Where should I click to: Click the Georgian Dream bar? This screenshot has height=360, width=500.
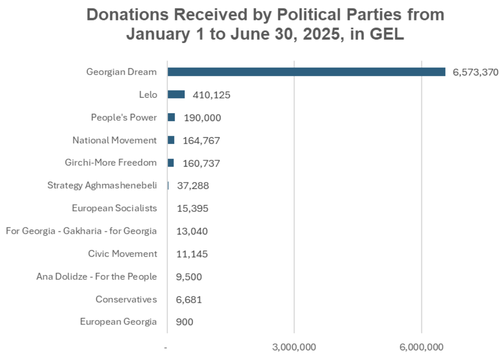[306, 72]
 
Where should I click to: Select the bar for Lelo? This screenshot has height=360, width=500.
[176, 94]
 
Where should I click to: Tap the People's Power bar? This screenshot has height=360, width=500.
[171, 117]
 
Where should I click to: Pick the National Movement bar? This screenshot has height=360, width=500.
[171, 140]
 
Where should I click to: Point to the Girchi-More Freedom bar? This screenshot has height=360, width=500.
[171, 163]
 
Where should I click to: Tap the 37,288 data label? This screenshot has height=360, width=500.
[193, 186]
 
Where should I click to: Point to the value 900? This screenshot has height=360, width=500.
[185, 322]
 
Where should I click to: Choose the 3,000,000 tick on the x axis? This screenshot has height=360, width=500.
[294, 347]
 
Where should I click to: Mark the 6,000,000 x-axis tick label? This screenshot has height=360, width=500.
[422, 347]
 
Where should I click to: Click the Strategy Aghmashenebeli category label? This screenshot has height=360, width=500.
[102, 185]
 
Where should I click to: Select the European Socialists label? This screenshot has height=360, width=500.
[114, 208]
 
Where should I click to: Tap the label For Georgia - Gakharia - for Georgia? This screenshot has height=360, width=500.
[81, 231]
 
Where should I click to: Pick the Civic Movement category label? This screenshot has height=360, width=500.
[122, 254]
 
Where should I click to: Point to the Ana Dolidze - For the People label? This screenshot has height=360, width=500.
[97, 276]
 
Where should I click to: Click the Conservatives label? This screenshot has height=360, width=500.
[126, 299]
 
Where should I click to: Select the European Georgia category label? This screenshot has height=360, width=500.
[118, 322]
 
